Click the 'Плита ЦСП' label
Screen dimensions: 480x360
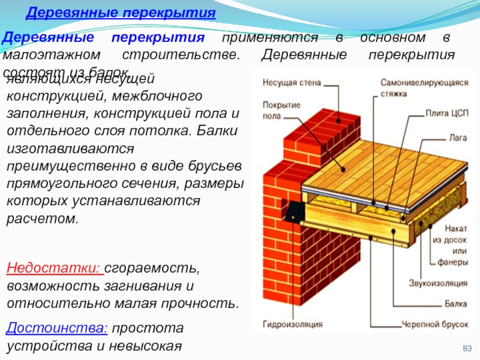point(446,112)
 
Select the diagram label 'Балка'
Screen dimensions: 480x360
point(455,304)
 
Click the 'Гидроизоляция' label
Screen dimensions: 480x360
point(292,325)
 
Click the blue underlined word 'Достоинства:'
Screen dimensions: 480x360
point(56,328)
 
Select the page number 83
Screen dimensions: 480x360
point(467,349)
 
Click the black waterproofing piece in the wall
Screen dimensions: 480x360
point(294,211)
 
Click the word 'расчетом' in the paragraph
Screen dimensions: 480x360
point(42,218)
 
